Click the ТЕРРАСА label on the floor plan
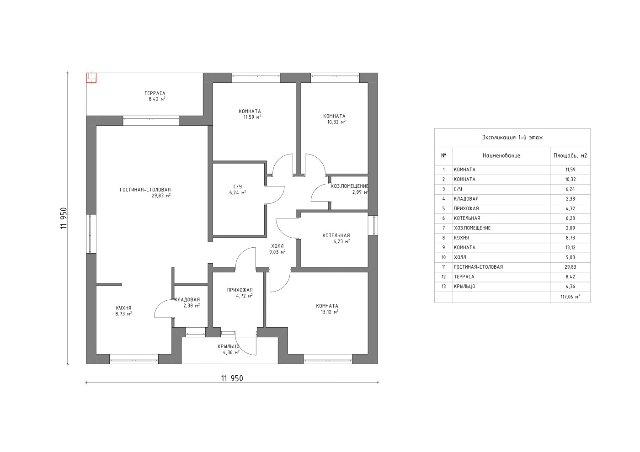155,93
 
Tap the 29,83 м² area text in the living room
161,196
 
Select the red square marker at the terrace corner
91,78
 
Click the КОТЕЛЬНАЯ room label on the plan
336,235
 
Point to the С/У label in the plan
238,186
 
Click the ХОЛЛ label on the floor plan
277,246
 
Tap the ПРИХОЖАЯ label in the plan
240,290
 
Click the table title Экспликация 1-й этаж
512,138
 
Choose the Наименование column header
501,156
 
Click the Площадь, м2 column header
571,156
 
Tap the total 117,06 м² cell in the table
571,297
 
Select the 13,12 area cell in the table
571,247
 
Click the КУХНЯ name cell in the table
461,238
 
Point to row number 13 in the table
443,286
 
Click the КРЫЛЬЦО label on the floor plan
229,346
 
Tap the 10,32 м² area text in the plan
336,122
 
